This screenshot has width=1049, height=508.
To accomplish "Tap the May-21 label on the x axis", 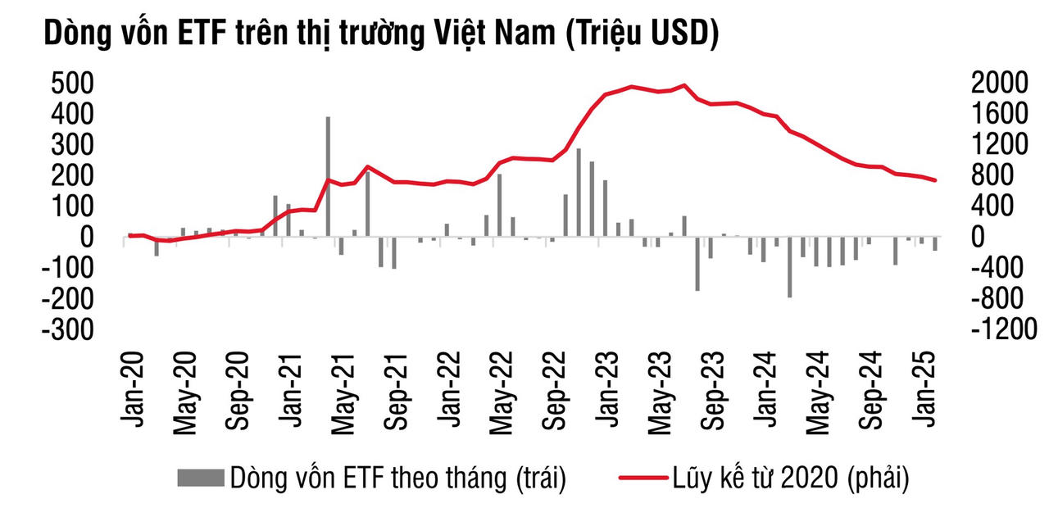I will click(x=344, y=390).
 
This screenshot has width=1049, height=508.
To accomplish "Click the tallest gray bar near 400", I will click(x=328, y=176).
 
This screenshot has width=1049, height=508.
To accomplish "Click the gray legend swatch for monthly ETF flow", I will click(x=201, y=476).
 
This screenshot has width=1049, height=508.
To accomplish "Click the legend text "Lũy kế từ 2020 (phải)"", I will click(x=791, y=476).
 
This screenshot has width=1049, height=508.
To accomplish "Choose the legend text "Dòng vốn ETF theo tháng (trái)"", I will click(x=398, y=476).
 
